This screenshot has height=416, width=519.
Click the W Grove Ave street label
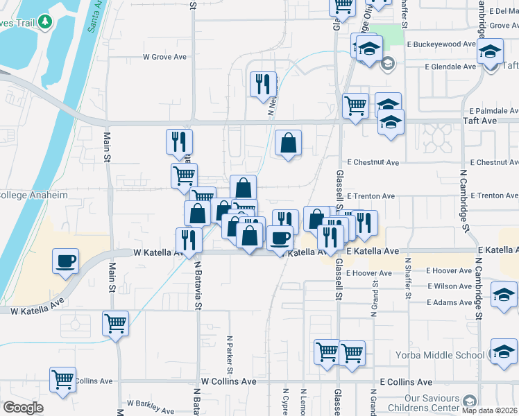[x=166, y=57]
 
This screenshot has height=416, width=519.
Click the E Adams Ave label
[x=450, y=302]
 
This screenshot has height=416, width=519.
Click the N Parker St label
[x=229, y=353]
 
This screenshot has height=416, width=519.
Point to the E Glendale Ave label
[x=450, y=67]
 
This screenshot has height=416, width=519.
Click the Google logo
[x=23, y=407]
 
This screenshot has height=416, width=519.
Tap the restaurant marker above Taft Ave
[x=263, y=85]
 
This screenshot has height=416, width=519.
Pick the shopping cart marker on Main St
[x=115, y=322]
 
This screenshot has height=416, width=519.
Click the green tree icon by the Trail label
[x=46, y=21]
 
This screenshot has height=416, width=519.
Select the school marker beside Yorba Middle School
[x=504, y=352]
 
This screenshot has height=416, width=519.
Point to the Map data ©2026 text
[x=490, y=410]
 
